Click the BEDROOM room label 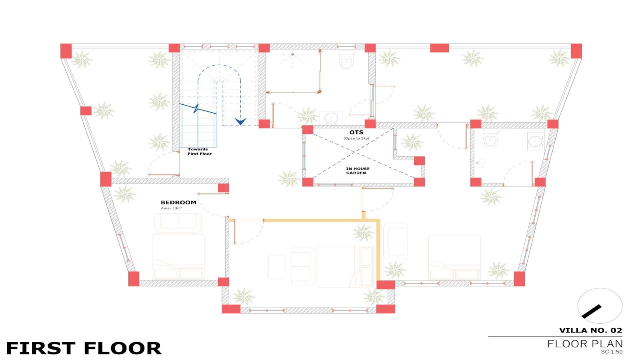(x=178, y=202)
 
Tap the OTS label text (x=356, y=132)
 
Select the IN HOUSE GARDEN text (x=358, y=171)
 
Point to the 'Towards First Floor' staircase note (x=200, y=152)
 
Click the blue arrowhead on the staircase (x=240, y=122)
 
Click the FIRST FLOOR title (x=84, y=348)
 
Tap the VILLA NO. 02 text (x=590, y=330)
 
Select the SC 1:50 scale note (x=612, y=352)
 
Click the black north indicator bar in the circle (x=592, y=312)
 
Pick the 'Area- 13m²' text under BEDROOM (x=172, y=208)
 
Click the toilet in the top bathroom (x=346, y=60)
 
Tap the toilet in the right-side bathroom (x=490, y=138)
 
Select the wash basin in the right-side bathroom (x=536, y=142)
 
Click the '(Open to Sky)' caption (x=356, y=138)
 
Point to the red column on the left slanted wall (x=86, y=111)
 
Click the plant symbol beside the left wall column (x=104, y=111)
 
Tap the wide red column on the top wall (x=440, y=48)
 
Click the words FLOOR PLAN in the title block (x=585, y=344)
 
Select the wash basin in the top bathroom (x=332, y=118)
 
